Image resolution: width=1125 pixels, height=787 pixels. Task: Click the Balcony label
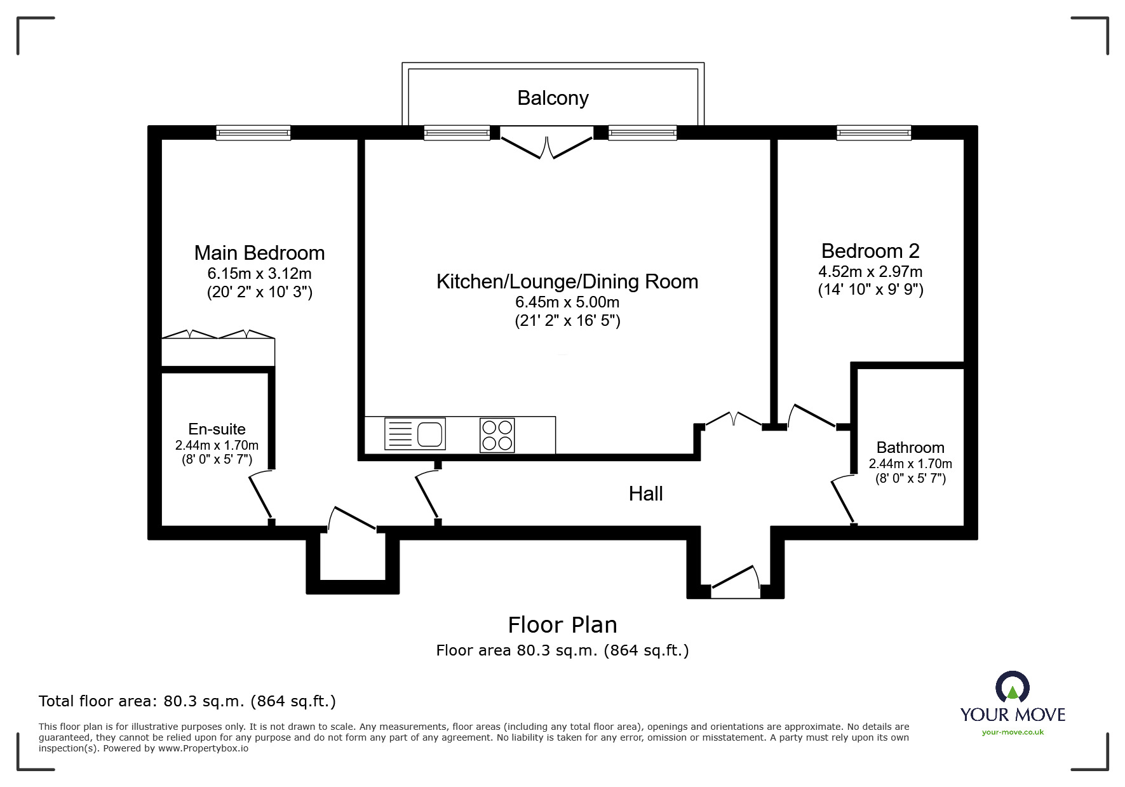pos(553,98)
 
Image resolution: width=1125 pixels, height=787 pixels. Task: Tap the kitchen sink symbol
pos(415,434)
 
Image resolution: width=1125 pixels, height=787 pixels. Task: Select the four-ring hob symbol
pos(497,435)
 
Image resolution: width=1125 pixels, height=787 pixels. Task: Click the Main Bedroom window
pos(253,133)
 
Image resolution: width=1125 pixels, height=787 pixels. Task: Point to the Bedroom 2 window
pos(873,133)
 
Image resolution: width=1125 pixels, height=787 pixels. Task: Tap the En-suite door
pos(260,496)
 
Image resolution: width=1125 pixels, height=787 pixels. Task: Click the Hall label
pos(645,494)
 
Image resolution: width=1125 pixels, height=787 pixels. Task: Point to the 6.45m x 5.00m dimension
pos(567,302)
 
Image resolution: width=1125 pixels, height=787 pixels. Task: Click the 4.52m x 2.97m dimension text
pos(870,272)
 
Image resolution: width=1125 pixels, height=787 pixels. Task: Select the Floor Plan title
pos(562,625)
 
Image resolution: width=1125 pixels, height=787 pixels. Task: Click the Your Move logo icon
pos(1012,687)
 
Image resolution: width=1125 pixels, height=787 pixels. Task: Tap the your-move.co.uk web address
pos(1013,732)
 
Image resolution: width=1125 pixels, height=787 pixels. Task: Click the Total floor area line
pos(187,701)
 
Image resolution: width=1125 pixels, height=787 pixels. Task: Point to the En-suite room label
pos(217,429)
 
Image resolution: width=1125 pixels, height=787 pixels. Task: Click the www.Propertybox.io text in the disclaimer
pos(203,748)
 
